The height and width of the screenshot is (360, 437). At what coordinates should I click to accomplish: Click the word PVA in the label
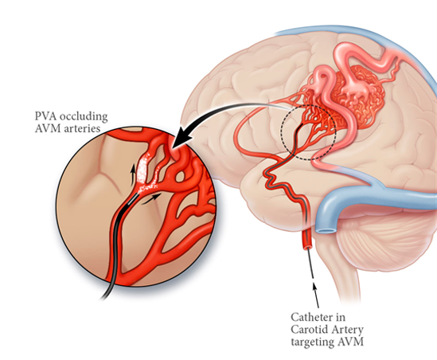coord(45,115)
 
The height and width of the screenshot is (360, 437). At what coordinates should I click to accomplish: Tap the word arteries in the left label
coord(82,128)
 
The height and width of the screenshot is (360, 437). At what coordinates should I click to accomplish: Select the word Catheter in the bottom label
coord(318,317)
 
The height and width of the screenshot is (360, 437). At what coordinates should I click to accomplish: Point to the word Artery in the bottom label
coord(345,331)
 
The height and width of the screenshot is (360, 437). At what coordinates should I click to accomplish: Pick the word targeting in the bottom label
coord(312,342)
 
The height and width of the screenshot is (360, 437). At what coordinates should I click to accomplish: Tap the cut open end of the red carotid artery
coord(308,247)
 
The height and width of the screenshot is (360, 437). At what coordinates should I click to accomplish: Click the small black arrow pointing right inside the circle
coord(150,198)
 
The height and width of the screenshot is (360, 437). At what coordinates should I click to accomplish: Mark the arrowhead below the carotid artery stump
coord(314,287)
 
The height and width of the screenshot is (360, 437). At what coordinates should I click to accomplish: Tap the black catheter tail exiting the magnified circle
coord(105,294)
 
